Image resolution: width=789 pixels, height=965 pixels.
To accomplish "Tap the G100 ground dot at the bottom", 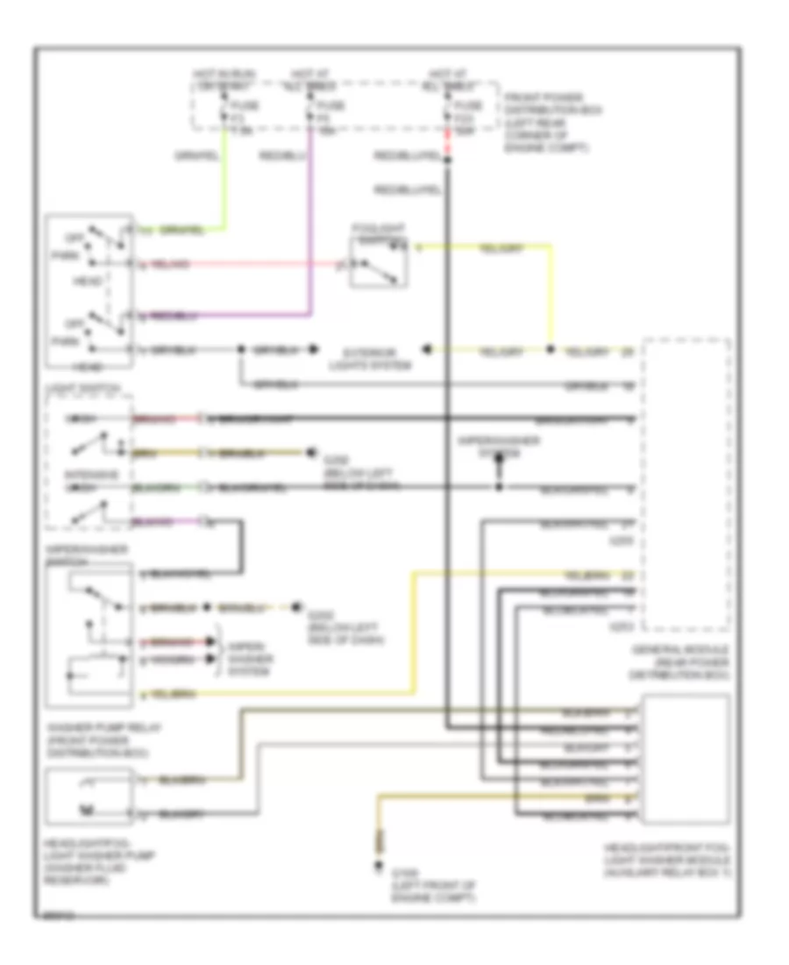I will pyautogui.click(x=379, y=867).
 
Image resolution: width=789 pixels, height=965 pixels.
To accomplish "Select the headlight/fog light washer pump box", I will pyautogui.click(x=88, y=797).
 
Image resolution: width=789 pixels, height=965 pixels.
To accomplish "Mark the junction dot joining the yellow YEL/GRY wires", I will pyautogui.click(x=551, y=350).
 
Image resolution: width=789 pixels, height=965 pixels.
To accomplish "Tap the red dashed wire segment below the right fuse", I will pyautogui.click(x=447, y=143).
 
